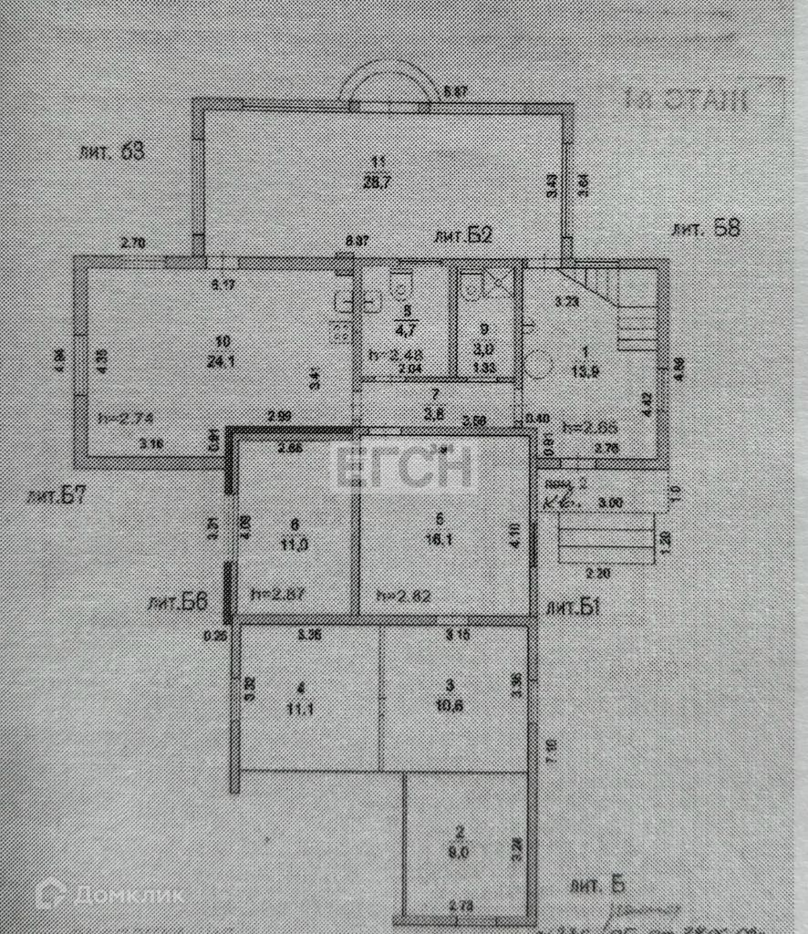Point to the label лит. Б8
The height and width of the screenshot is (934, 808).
[x=704, y=228]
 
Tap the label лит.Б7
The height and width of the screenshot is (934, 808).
[x=63, y=497]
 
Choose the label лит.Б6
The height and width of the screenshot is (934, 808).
[x=178, y=603]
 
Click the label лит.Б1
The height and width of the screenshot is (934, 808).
[x=574, y=607]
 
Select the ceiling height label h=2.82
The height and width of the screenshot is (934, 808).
[x=403, y=594]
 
